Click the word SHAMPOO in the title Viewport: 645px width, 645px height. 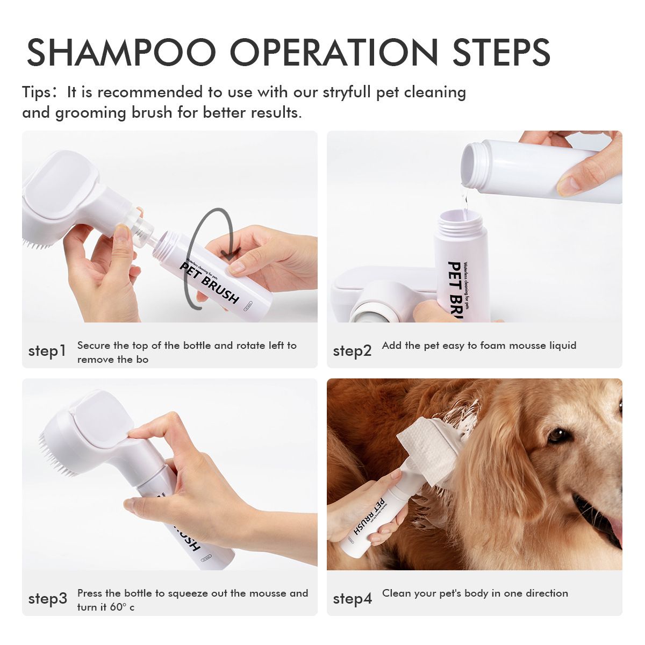click(x=121, y=53)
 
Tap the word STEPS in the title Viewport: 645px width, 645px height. click(x=501, y=53)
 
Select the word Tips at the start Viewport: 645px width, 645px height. click(x=36, y=92)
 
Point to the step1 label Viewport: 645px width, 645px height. click(x=47, y=351)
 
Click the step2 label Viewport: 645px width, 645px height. click(x=352, y=351)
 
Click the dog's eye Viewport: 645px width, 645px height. click(x=557, y=435)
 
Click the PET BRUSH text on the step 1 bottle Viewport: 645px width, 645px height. click(x=210, y=283)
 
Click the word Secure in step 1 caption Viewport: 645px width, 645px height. click(x=94, y=346)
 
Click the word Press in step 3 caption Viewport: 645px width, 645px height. click(x=90, y=593)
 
